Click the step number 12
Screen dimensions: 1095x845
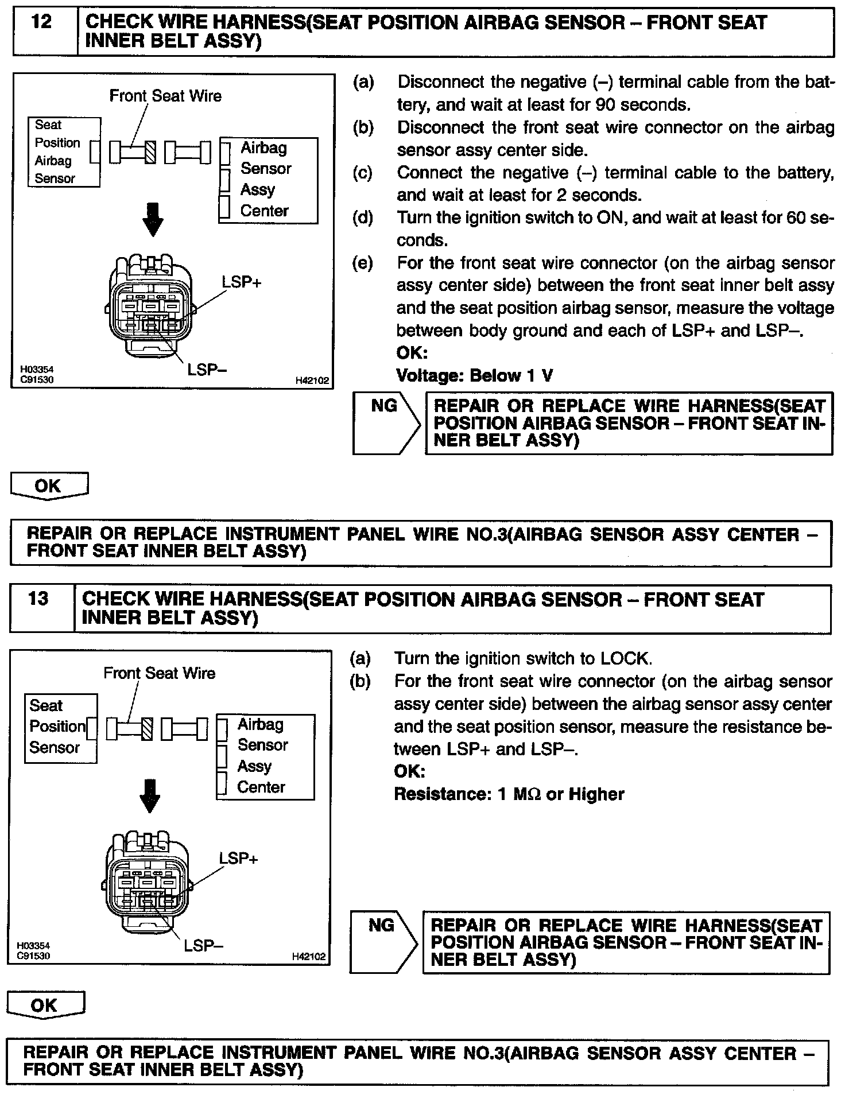(x=43, y=23)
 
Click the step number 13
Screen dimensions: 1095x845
(x=38, y=599)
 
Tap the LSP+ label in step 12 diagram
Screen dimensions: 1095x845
(x=242, y=282)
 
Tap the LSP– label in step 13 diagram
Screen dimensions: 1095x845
(x=204, y=946)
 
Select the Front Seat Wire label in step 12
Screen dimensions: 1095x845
(x=165, y=96)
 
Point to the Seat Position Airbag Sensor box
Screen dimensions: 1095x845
(x=64, y=152)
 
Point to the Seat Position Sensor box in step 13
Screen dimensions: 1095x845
(x=60, y=728)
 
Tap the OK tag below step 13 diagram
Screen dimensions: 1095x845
(x=45, y=1005)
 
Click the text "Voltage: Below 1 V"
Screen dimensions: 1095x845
(x=474, y=376)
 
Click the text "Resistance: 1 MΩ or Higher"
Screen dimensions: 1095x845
(x=509, y=794)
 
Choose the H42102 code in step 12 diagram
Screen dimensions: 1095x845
(x=312, y=380)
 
